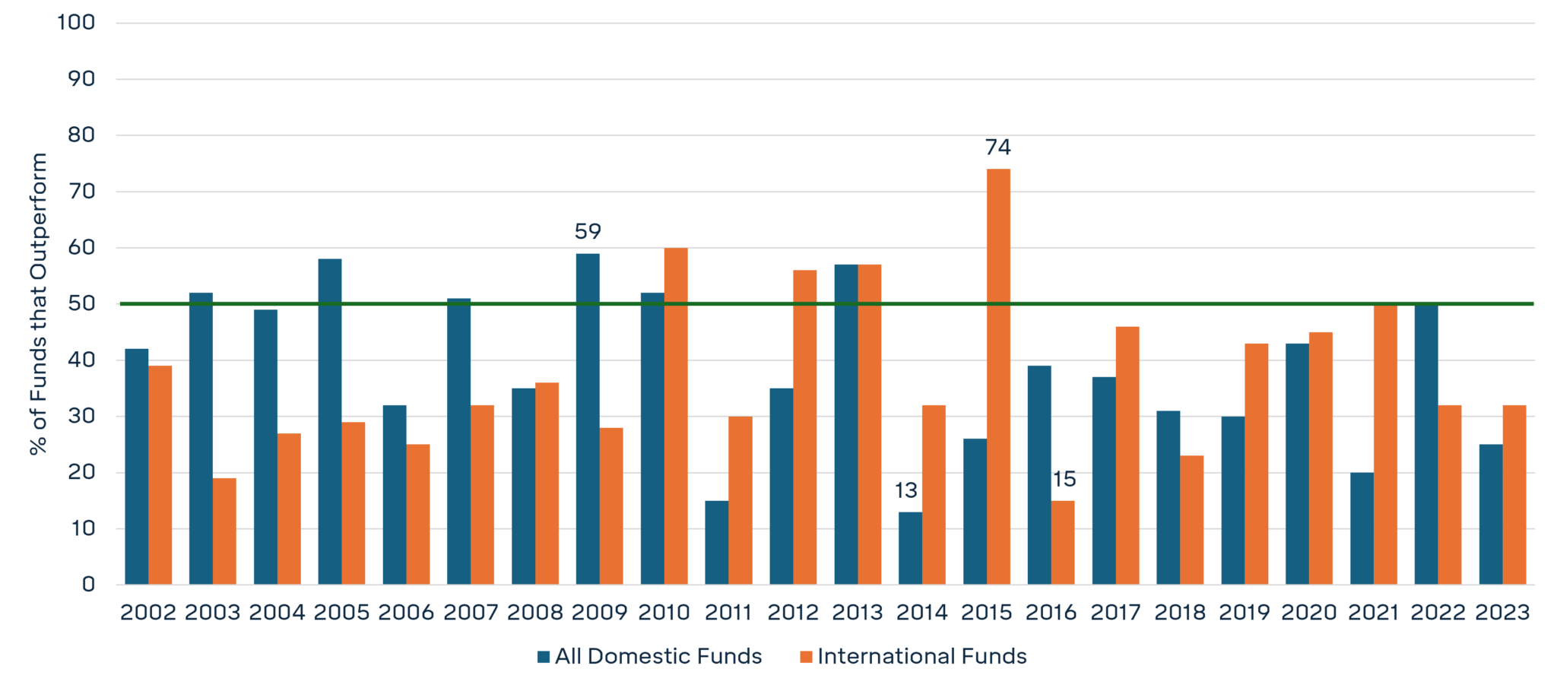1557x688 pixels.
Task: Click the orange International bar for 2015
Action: coord(998,376)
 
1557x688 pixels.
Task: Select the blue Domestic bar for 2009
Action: coord(588,419)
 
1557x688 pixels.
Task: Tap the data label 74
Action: coord(997,147)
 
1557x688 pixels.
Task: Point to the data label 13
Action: coord(905,490)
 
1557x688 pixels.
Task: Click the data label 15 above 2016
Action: coord(1064,479)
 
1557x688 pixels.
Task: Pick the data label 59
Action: coord(588,231)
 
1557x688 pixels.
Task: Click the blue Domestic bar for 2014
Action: coord(910,548)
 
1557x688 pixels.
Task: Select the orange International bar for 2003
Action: coord(224,531)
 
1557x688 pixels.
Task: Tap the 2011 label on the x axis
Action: coord(728,612)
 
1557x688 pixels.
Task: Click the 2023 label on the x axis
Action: coord(1502,612)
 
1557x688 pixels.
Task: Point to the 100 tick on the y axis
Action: coord(76,22)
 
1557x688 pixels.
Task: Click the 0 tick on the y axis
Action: coord(88,585)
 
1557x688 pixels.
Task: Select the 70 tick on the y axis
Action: coord(82,191)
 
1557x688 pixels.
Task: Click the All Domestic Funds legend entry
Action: coord(649,656)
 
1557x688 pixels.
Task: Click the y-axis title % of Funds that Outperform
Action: coord(38,304)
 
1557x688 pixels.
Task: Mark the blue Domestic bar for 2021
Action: coord(1362,528)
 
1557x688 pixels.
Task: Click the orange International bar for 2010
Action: coord(676,416)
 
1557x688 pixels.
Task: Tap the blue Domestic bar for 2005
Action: coord(330,421)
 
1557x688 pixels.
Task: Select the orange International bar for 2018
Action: coord(1191,520)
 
